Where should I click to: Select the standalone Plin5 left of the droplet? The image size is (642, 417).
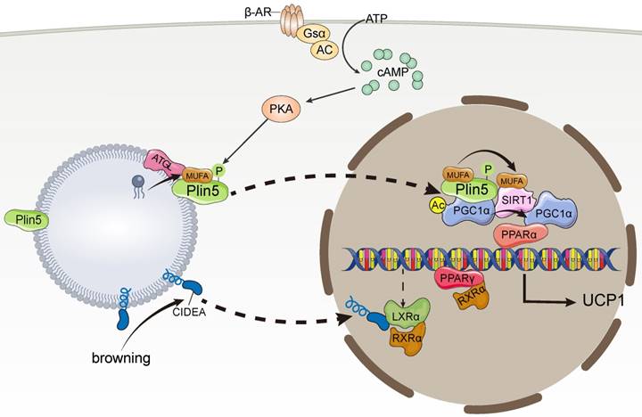pos(27,217)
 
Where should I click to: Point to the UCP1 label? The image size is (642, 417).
pos(605,298)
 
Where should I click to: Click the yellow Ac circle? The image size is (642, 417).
pos(438,204)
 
